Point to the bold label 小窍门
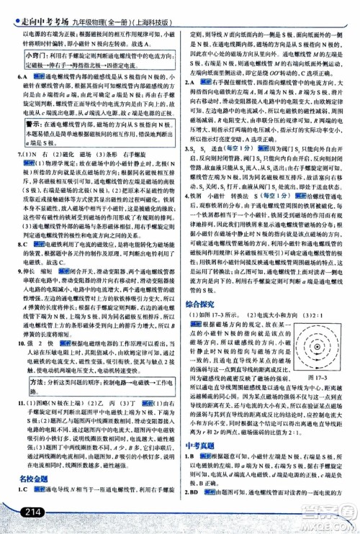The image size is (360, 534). point(25,54)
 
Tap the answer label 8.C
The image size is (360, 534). point(21,244)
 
